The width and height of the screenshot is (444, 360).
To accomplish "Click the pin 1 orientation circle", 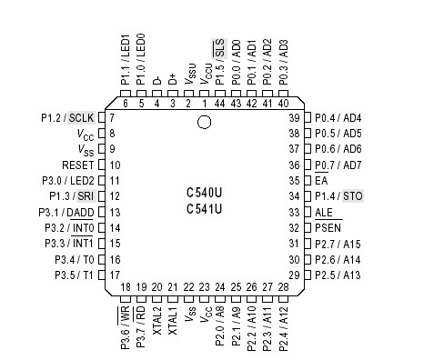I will point(205,123).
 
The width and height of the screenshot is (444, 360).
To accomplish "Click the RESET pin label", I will point(77,165).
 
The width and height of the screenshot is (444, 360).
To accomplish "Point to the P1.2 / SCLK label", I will point(68,118).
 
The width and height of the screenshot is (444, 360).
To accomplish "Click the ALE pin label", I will point(324,212).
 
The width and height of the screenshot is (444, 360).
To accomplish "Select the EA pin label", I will point(321,180).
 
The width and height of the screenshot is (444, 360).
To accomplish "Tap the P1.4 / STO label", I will point(339,195).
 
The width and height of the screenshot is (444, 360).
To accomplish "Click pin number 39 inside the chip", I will point(294,118).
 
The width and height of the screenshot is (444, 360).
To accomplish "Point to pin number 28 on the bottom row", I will point(283,287).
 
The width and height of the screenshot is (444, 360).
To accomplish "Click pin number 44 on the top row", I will point(219,104).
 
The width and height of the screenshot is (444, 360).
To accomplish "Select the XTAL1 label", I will point(173,323).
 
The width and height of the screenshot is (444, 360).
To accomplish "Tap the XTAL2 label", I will point(157,323).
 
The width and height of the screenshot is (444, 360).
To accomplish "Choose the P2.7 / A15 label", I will point(338,244).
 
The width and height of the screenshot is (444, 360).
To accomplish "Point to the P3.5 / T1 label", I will point(74,275).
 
